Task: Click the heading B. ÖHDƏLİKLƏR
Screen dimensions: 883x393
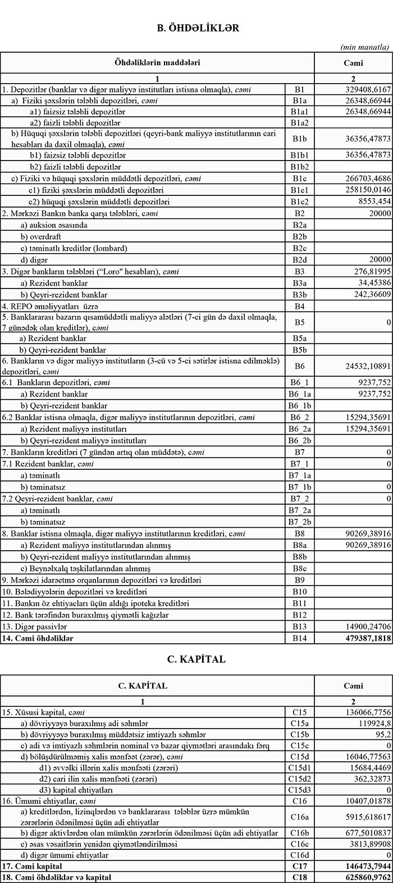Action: click(197, 28)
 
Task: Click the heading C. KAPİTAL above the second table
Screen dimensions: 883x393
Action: click(196, 659)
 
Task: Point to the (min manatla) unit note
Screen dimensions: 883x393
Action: click(364, 47)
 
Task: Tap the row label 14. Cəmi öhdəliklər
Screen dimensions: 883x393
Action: click(38, 638)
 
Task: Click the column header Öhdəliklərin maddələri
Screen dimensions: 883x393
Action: click(157, 63)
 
